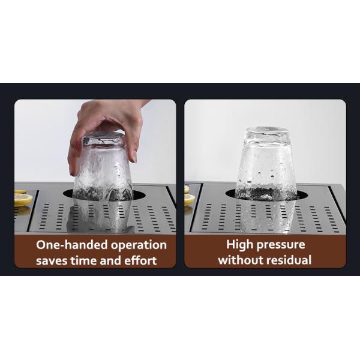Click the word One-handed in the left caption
(72, 245)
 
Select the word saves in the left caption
(52, 261)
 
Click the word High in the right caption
(239, 245)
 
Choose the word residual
(289, 260)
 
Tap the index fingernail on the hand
(134, 157)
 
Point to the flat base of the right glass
(266, 130)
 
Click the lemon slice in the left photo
(23, 199)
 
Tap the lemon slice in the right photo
(189, 199)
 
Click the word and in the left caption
(110, 260)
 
